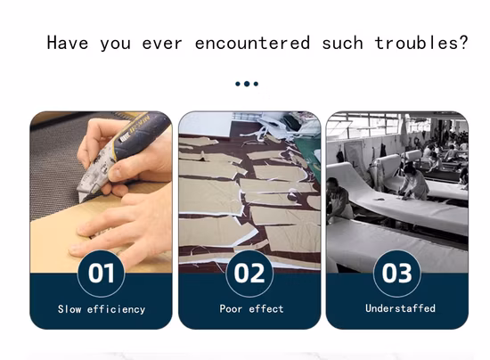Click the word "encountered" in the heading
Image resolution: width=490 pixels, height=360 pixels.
(x=252, y=43)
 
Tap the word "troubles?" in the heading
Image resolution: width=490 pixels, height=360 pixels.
(x=421, y=43)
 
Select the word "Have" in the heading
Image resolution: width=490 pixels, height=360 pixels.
(x=68, y=43)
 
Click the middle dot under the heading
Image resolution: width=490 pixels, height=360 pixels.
(x=247, y=84)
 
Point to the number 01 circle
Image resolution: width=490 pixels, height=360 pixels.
(x=101, y=274)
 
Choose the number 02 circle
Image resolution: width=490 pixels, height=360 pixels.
(x=249, y=274)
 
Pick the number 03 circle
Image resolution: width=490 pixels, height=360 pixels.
(x=396, y=274)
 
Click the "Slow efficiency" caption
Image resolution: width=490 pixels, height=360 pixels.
(x=102, y=309)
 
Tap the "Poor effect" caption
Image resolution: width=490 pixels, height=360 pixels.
(x=251, y=308)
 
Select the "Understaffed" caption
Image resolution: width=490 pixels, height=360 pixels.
(x=400, y=308)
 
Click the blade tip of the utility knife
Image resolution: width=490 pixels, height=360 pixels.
(x=81, y=200)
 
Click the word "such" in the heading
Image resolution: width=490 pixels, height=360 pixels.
(x=342, y=43)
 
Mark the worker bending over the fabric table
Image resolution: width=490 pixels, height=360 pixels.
(x=413, y=182)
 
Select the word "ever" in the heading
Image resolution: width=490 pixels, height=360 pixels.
(x=162, y=44)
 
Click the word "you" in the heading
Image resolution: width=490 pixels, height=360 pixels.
(x=115, y=45)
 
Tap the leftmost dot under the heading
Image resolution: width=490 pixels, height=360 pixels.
(x=238, y=84)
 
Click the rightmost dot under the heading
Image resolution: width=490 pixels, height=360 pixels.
(x=256, y=84)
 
